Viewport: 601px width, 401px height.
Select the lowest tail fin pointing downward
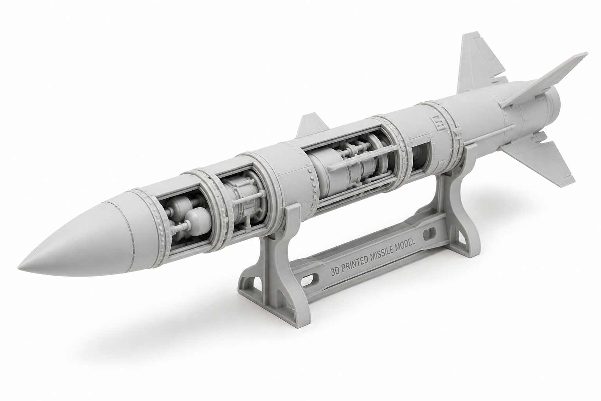pos(536,159)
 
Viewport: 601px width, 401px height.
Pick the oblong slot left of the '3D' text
pos(311,286)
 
